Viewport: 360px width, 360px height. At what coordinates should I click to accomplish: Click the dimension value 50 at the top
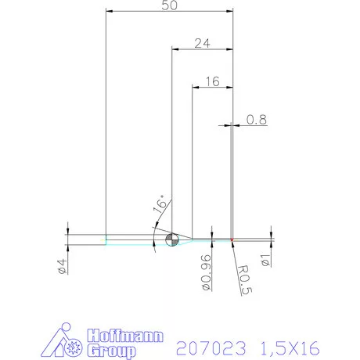point(169,5)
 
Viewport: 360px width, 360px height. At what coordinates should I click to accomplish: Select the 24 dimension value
point(202,44)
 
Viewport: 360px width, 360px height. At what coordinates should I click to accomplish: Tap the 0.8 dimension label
point(256,120)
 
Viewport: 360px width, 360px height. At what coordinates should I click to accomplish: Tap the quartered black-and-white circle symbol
point(173,239)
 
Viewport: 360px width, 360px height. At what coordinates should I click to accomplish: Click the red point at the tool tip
point(232,239)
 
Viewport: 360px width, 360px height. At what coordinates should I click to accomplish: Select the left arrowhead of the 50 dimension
point(110,11)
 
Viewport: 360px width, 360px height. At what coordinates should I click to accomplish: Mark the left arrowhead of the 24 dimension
point(175,49)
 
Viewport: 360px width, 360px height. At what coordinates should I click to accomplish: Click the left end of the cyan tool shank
point(106,239)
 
